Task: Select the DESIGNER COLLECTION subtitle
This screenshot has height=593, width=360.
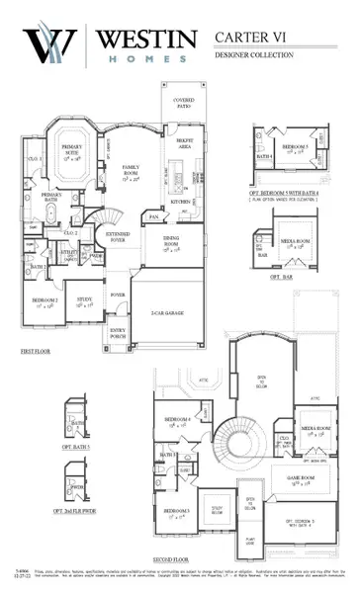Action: coord(256,55)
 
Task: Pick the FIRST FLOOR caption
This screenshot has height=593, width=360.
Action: coord(36,351)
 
